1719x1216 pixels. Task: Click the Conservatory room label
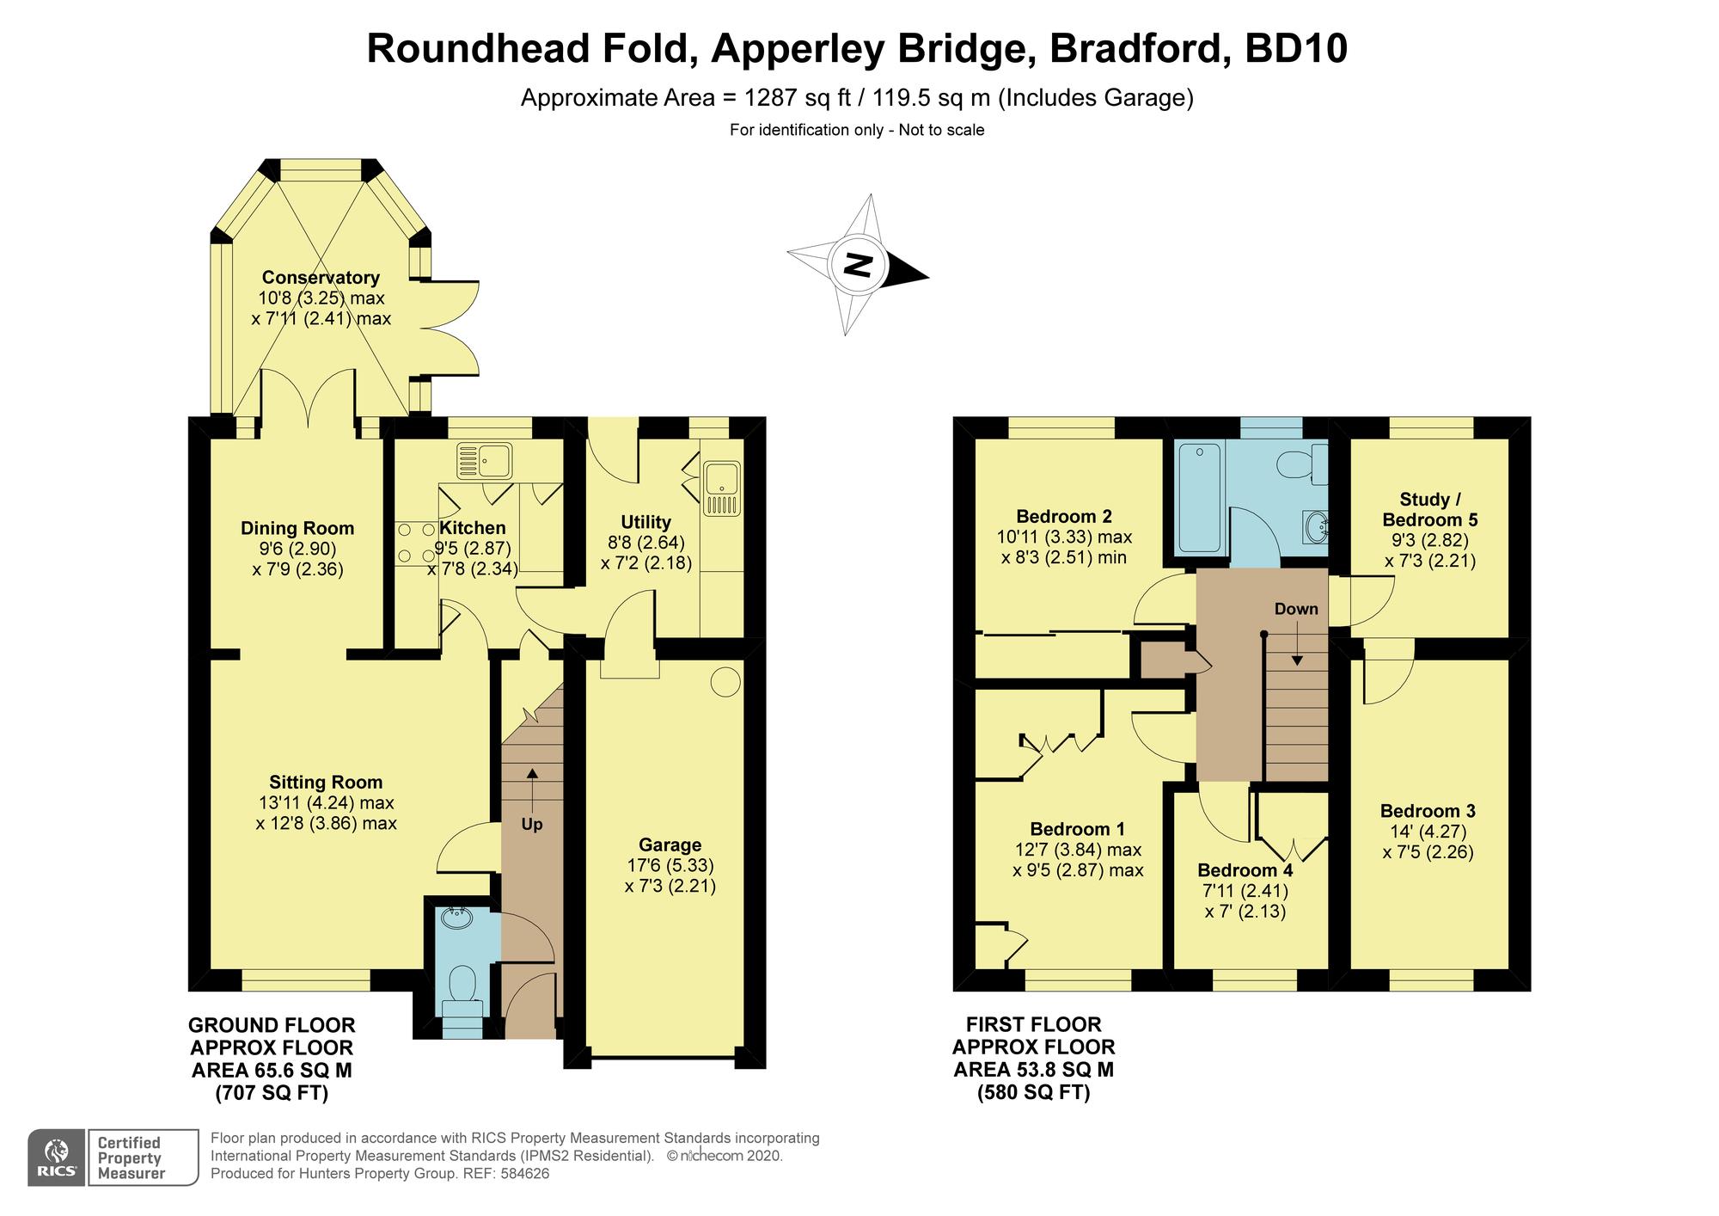pos(321,277)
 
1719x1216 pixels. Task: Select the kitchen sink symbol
pos(484,460)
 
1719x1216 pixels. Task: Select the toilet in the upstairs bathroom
pos(1300,465)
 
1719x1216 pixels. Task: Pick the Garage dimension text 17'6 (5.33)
pos(670,865)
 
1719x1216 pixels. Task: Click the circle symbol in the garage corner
pos(725,682)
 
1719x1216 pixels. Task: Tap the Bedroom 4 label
pos(1245,869)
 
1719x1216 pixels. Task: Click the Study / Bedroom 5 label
pos(1429,510)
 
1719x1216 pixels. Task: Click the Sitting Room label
pos(326,782)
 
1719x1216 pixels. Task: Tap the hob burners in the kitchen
pos(417,543)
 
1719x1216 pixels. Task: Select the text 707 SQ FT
pos(272,1093)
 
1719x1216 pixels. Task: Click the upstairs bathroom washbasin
pos(1316,525)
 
